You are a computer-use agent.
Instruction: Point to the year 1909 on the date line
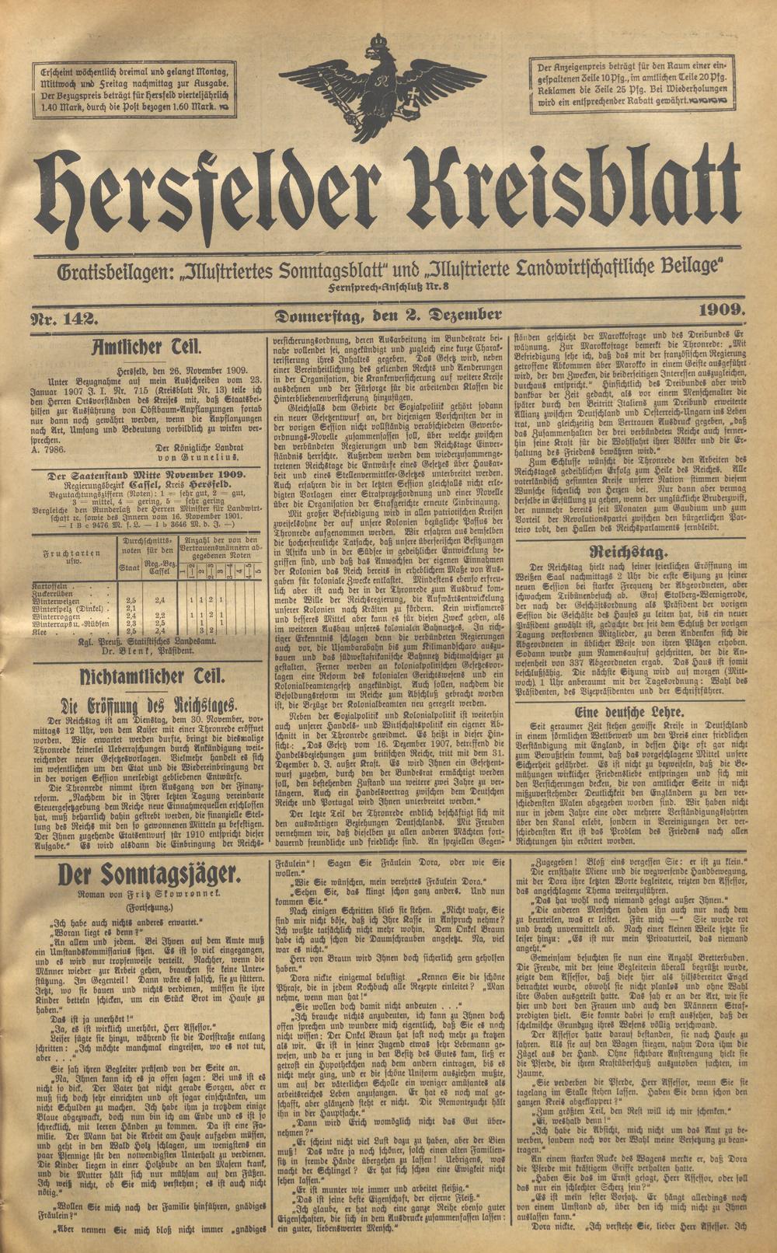tap(721, 312)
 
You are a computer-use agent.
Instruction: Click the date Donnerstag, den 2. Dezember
tap(387, 316)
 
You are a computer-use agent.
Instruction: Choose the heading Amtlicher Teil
tap(147, 347)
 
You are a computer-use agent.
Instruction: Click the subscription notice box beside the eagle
tap(137, 88)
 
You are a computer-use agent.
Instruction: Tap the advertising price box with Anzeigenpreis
tap(632, 82)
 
